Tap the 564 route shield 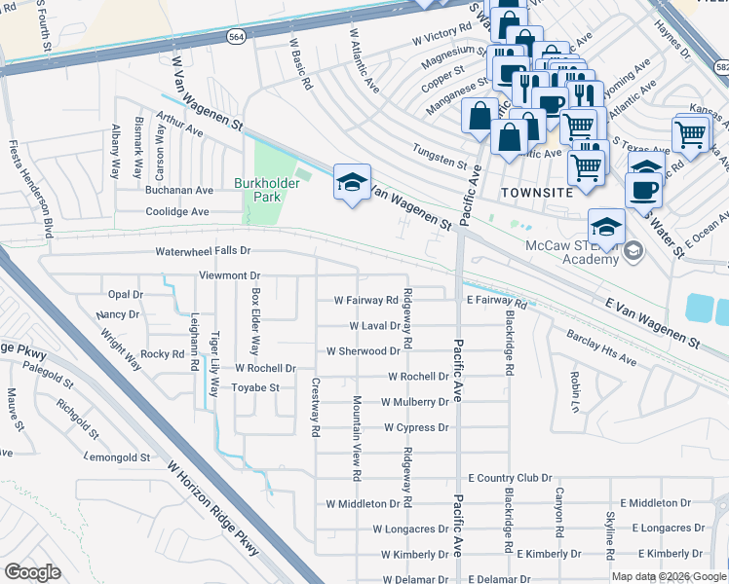[238, 35]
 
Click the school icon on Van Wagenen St [352, 182]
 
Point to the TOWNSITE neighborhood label [536, 193]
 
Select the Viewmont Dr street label [229, 276]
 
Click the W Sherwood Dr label [363, 350]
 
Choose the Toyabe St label [254, 387]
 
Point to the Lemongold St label [117, 456]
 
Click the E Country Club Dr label [510, 478]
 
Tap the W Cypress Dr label [415, 427]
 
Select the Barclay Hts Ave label [602, 347]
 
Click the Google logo [32, 572]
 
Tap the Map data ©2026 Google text [668, 576]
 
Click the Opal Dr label [125, 294]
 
